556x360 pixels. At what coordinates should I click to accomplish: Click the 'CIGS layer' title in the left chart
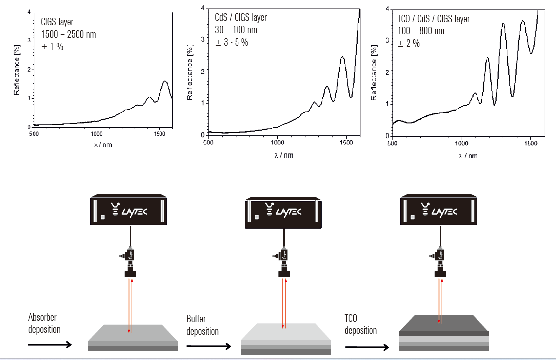(57, 22)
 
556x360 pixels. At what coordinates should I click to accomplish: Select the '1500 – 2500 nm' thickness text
(69, 35)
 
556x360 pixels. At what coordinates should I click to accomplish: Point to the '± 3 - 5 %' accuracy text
(232, 42)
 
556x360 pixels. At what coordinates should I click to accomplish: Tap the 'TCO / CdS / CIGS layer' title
(433, 19)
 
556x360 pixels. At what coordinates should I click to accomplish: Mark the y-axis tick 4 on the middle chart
(202, 8)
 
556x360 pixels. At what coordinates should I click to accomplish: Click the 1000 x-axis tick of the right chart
(462, 144)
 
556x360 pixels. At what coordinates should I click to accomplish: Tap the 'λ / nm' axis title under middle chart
(284, 155)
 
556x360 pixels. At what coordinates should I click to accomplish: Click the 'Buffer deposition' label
(202, 325)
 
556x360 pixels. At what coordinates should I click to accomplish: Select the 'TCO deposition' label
(360, 324)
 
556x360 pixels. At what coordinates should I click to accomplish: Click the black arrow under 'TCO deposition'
(367, 347)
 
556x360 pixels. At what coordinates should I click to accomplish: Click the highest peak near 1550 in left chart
(165, 81)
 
